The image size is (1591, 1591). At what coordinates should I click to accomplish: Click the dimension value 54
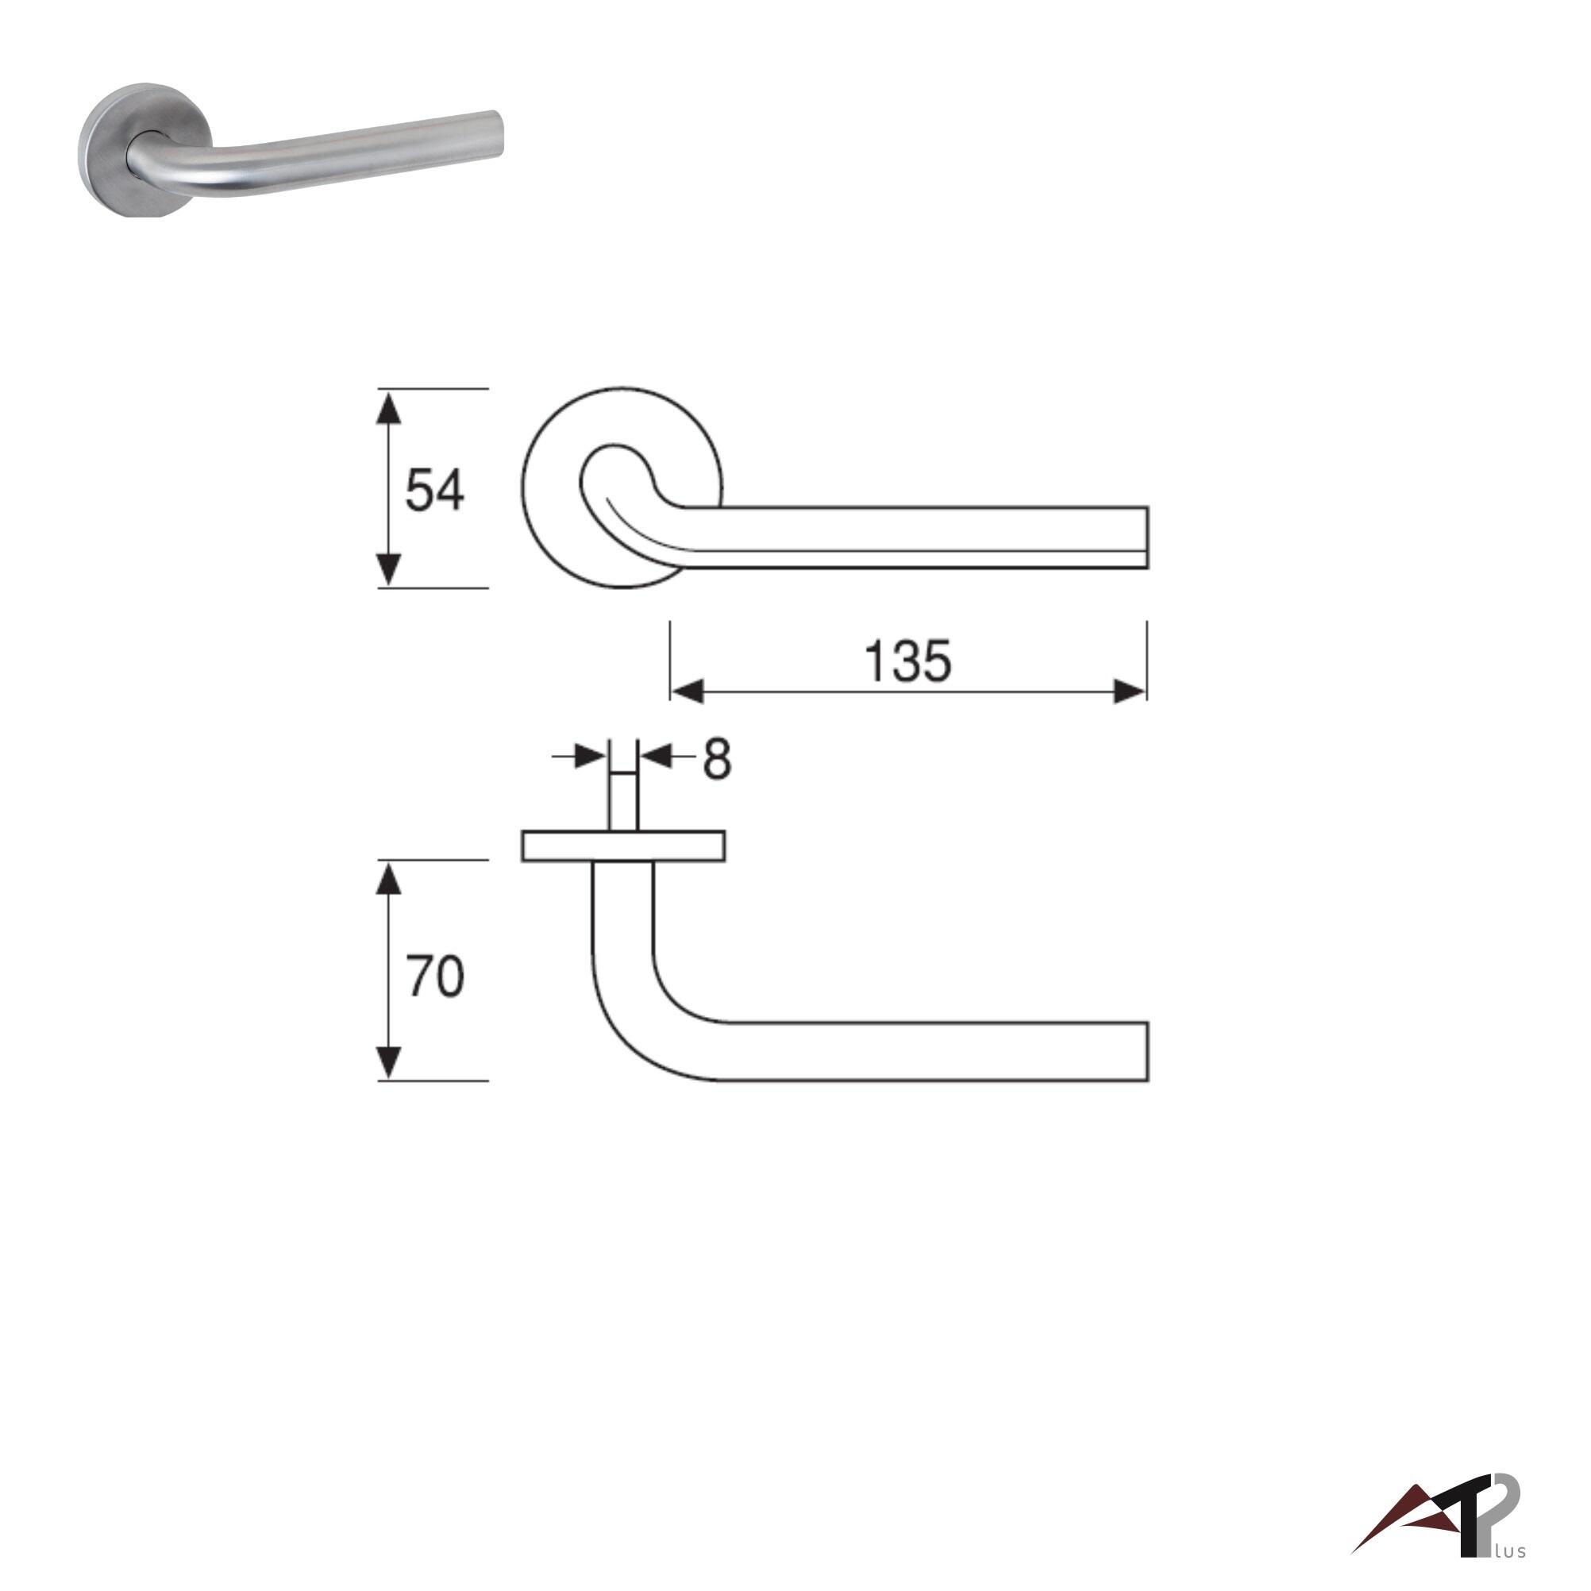pyautogui.click(x=434, y=490)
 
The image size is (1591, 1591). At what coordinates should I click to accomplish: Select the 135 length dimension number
pyautogui.click(x=907, y=661)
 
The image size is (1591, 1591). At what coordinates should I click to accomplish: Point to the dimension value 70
pyautogui.click(x=434, y=977)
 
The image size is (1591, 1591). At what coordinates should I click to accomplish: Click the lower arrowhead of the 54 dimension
pyautogui.click(x=388, y=570)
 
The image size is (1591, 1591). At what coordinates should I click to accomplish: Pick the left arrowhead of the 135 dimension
pyautogui.click(x=687, y=691)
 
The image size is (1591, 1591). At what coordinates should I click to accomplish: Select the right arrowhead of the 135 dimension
pyautogui.click(x=1130, y=691)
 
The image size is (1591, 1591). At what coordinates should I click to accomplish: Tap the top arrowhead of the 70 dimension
pyautogui.click(x=388, y=879)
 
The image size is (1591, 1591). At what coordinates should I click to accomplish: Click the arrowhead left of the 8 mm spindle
pyautogui.click(x=591, y=756)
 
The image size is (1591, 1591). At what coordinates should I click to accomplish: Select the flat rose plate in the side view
pyautogui.click(x=623, y=846)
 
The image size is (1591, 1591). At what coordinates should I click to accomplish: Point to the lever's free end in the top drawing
pyautogui.click(x=1146, y=537)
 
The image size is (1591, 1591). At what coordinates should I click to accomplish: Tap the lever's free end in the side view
pyautogui.click(x=1146, y=1052)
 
